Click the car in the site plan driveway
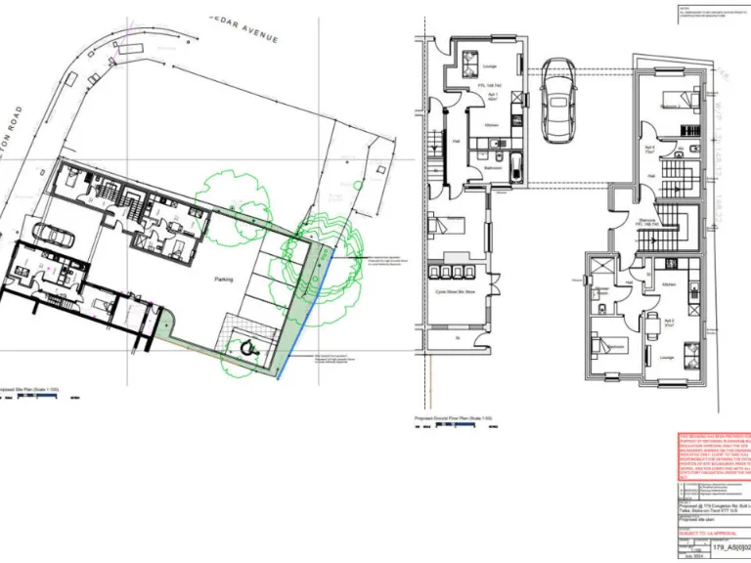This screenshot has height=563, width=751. tap(53, 235)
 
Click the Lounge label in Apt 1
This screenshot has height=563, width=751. tap(489, 66)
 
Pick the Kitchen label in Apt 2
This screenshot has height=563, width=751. tap(669, 282)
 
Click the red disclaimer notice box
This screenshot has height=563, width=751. tap(715, 455)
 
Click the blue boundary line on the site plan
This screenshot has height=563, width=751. tap(305, 313)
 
